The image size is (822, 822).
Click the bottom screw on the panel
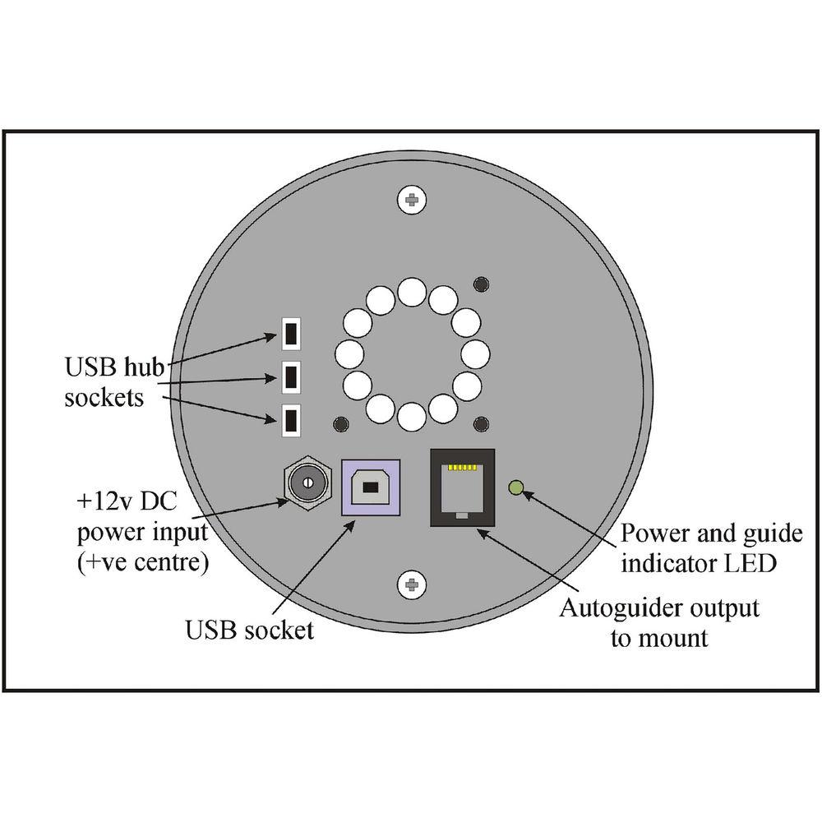[411, 585]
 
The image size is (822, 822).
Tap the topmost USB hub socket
[291, 333]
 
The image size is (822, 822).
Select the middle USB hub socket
[291, 376]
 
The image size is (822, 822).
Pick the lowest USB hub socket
[291, 420]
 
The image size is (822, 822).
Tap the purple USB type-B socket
[370, 488]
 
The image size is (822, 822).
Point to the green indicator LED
[515, 488]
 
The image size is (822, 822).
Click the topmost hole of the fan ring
[411, 292]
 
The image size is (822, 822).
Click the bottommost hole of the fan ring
[411, 417]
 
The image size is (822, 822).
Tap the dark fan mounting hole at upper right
[482, 284]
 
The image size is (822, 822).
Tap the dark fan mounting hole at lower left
[339, 424]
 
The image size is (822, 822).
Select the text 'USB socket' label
[249, 630]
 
